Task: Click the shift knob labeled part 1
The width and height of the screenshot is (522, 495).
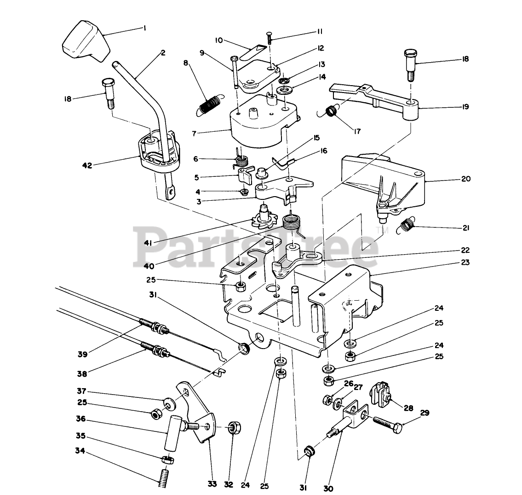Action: pos(86,41)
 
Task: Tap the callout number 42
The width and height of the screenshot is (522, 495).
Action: pos(87,165)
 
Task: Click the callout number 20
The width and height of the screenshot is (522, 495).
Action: pos(466,179)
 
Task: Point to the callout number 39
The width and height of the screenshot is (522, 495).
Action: pos(82,355)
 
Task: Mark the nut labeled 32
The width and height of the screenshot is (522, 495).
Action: pos(235,427)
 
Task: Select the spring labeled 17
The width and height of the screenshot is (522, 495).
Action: pos(329,111)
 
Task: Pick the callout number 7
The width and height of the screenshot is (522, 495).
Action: pos(194,134)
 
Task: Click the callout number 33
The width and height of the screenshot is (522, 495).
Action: pos(212,484)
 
